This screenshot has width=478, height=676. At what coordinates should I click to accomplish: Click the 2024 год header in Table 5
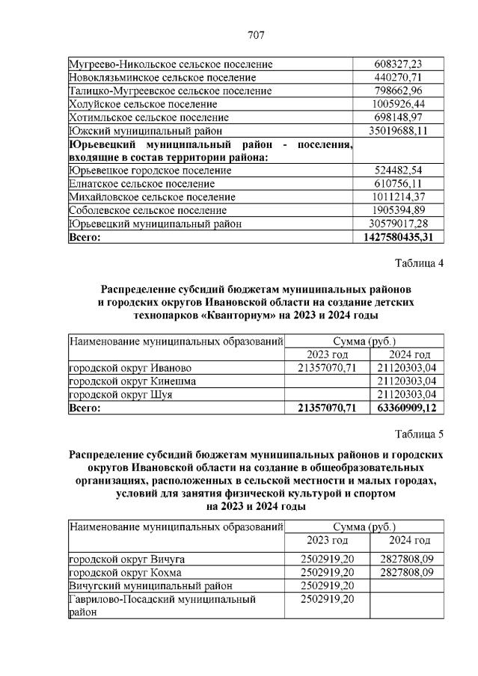click(410, 540)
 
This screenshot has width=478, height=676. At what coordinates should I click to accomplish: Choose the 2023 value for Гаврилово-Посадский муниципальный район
click(326, 599)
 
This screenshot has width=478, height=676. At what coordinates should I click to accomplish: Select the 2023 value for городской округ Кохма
click(326, 572)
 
